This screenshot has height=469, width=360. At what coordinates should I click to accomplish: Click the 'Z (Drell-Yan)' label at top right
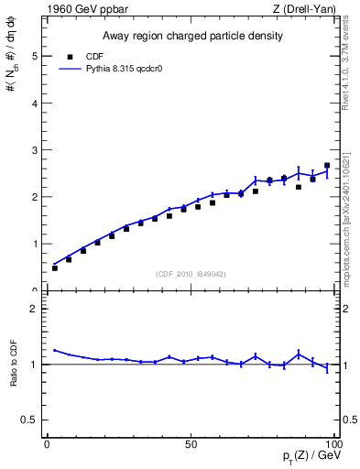[x=307, y=9]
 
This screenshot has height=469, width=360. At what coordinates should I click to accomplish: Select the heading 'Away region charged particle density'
[x=191, y=37]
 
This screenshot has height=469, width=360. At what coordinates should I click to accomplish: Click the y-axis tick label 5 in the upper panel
[x=36, y=56]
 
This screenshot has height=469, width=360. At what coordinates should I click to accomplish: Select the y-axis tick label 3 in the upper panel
[x=36, y=150]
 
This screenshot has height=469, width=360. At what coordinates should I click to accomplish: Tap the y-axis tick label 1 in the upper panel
[x=36, y=245]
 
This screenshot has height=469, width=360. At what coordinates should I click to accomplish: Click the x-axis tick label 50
[x=191, y=443]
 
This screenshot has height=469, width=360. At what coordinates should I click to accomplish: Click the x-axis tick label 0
[x=48, y=443]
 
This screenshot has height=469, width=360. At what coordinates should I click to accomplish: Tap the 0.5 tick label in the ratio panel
[x=31, y=420]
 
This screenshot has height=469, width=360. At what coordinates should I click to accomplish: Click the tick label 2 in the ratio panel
[x=36, y=309]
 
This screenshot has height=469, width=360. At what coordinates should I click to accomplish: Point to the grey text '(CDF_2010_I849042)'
[x=191, y=273]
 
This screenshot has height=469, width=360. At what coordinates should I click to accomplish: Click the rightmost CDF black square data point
[x=327, y=166]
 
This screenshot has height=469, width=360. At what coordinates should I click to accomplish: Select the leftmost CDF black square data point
[x=55, y=268]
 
